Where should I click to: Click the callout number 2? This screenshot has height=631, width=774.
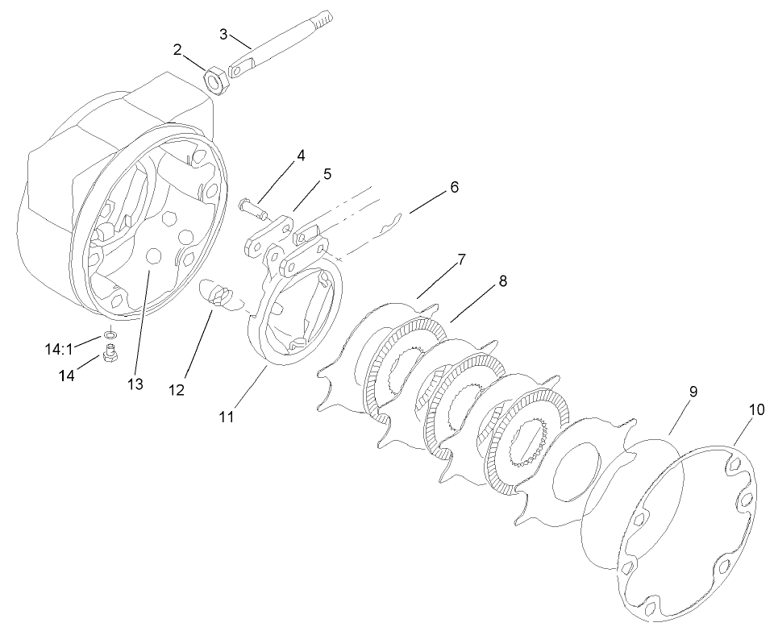(177, 50)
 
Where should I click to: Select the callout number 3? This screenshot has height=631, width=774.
(224, 34)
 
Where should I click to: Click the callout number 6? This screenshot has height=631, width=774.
(454, 187)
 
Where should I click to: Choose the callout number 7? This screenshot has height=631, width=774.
(461, 259)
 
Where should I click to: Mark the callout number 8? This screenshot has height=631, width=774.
(502, 282)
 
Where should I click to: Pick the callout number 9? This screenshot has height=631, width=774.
(693, 392)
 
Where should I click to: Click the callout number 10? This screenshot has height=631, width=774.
(755, 409)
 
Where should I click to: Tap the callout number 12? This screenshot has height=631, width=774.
(177, 389)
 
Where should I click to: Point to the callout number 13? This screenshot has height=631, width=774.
(135, 384)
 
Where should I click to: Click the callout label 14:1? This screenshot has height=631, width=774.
(58, 349)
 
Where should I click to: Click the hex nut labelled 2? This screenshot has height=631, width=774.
(214, 81)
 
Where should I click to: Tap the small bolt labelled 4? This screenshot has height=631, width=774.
(254, 209)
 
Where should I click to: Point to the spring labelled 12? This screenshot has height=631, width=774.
(216, 295)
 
